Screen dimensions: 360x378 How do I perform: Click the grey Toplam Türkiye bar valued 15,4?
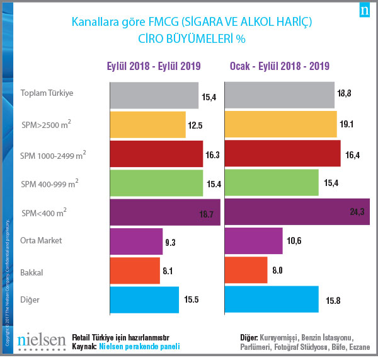154,95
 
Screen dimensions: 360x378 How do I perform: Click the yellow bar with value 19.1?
280,124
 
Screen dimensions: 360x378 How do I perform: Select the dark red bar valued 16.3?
156,154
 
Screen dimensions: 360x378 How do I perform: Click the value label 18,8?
345,93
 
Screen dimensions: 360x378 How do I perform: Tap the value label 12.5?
195,125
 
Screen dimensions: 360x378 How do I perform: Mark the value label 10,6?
294,241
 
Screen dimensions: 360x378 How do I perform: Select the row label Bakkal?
32,272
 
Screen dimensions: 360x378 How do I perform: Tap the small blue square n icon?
364,11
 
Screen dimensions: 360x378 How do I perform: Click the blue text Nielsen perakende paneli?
139,347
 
